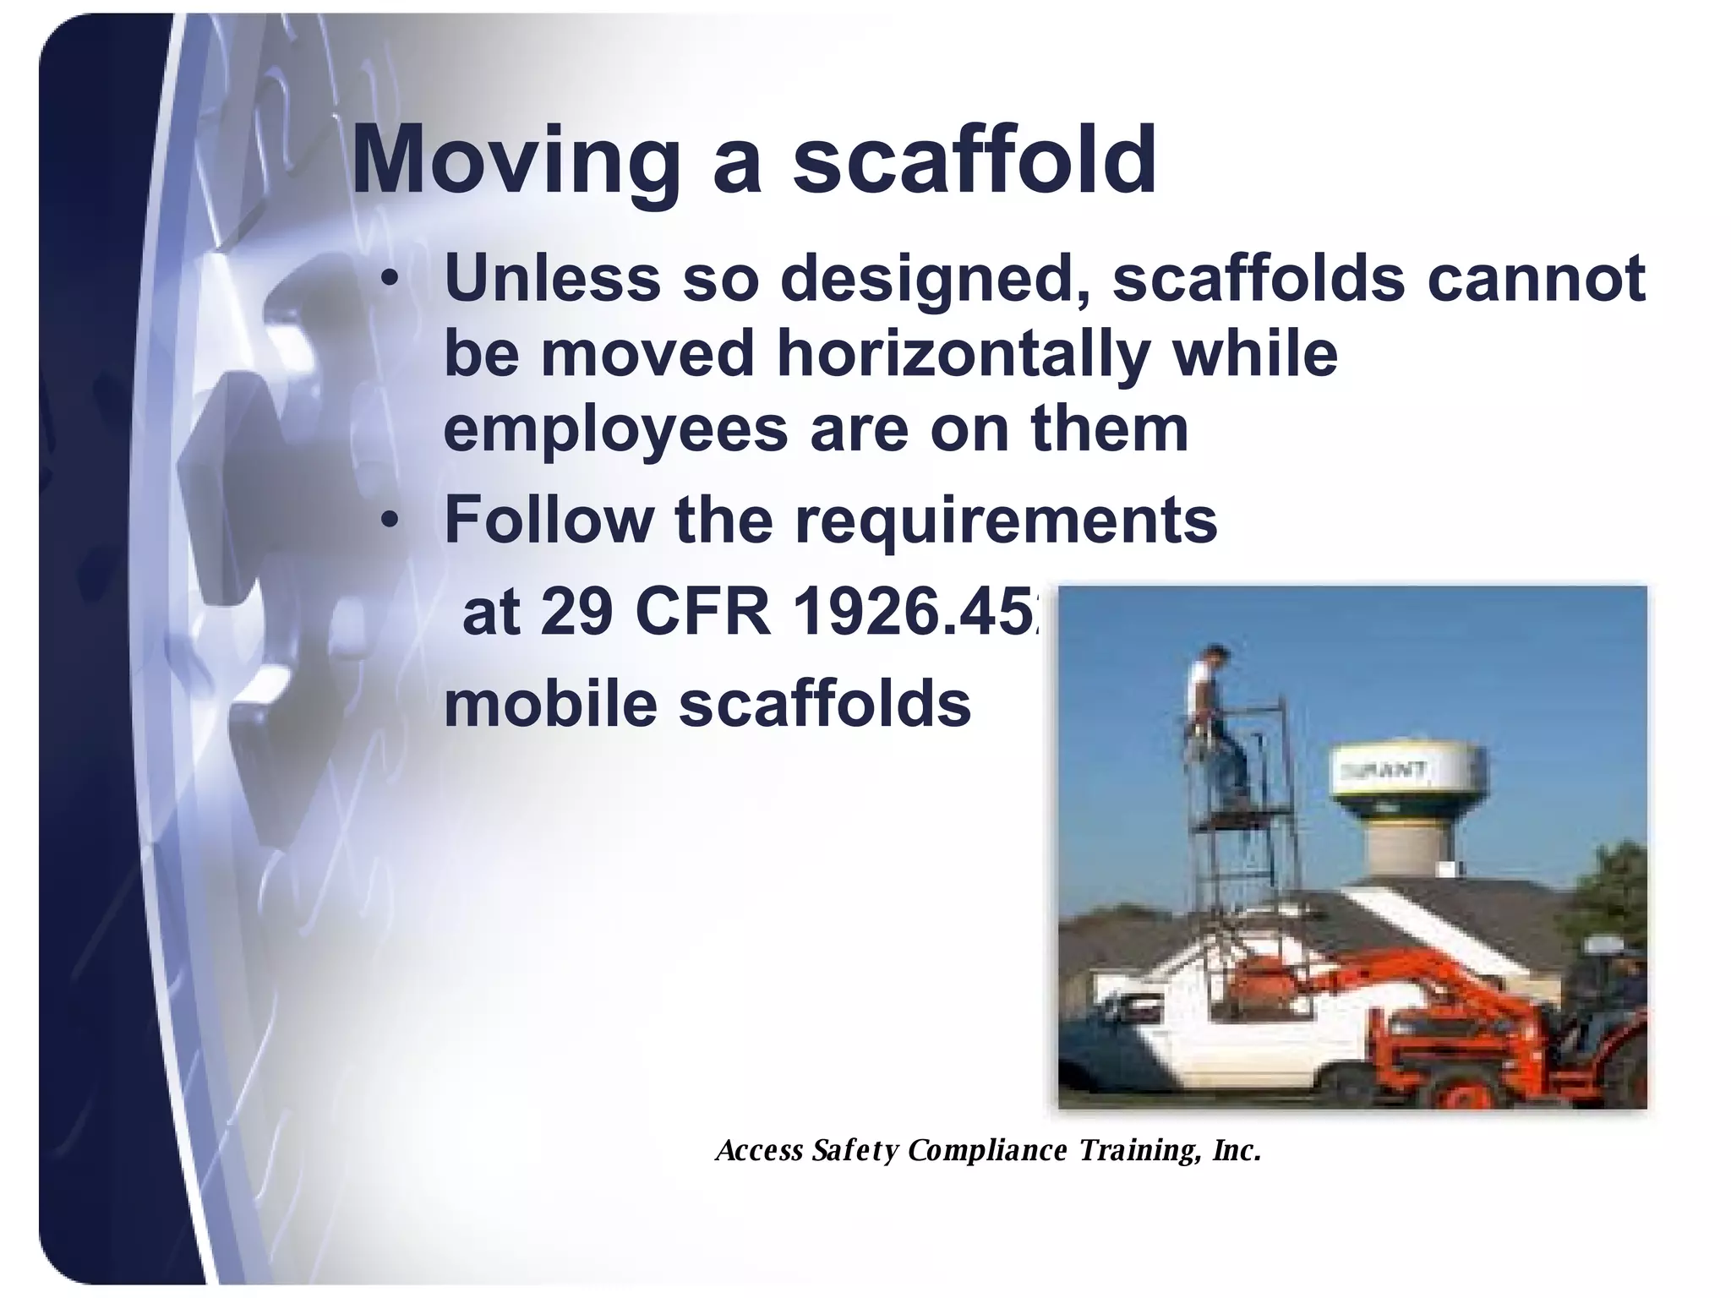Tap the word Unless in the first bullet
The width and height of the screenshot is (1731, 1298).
click(x=551, y=278)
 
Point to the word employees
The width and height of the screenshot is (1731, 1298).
click(x=615, y=428)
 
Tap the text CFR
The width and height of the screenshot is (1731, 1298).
click(x=702, y=613)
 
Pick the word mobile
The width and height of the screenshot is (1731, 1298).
click(x=550, y=704)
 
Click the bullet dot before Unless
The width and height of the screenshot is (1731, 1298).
click(x=388, y=278)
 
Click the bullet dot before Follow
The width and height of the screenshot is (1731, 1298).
click(x=388, y=521)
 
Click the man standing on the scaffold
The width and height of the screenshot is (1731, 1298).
click(x=1216, y=727)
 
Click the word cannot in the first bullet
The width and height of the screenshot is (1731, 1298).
click(x=1536, y=278)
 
